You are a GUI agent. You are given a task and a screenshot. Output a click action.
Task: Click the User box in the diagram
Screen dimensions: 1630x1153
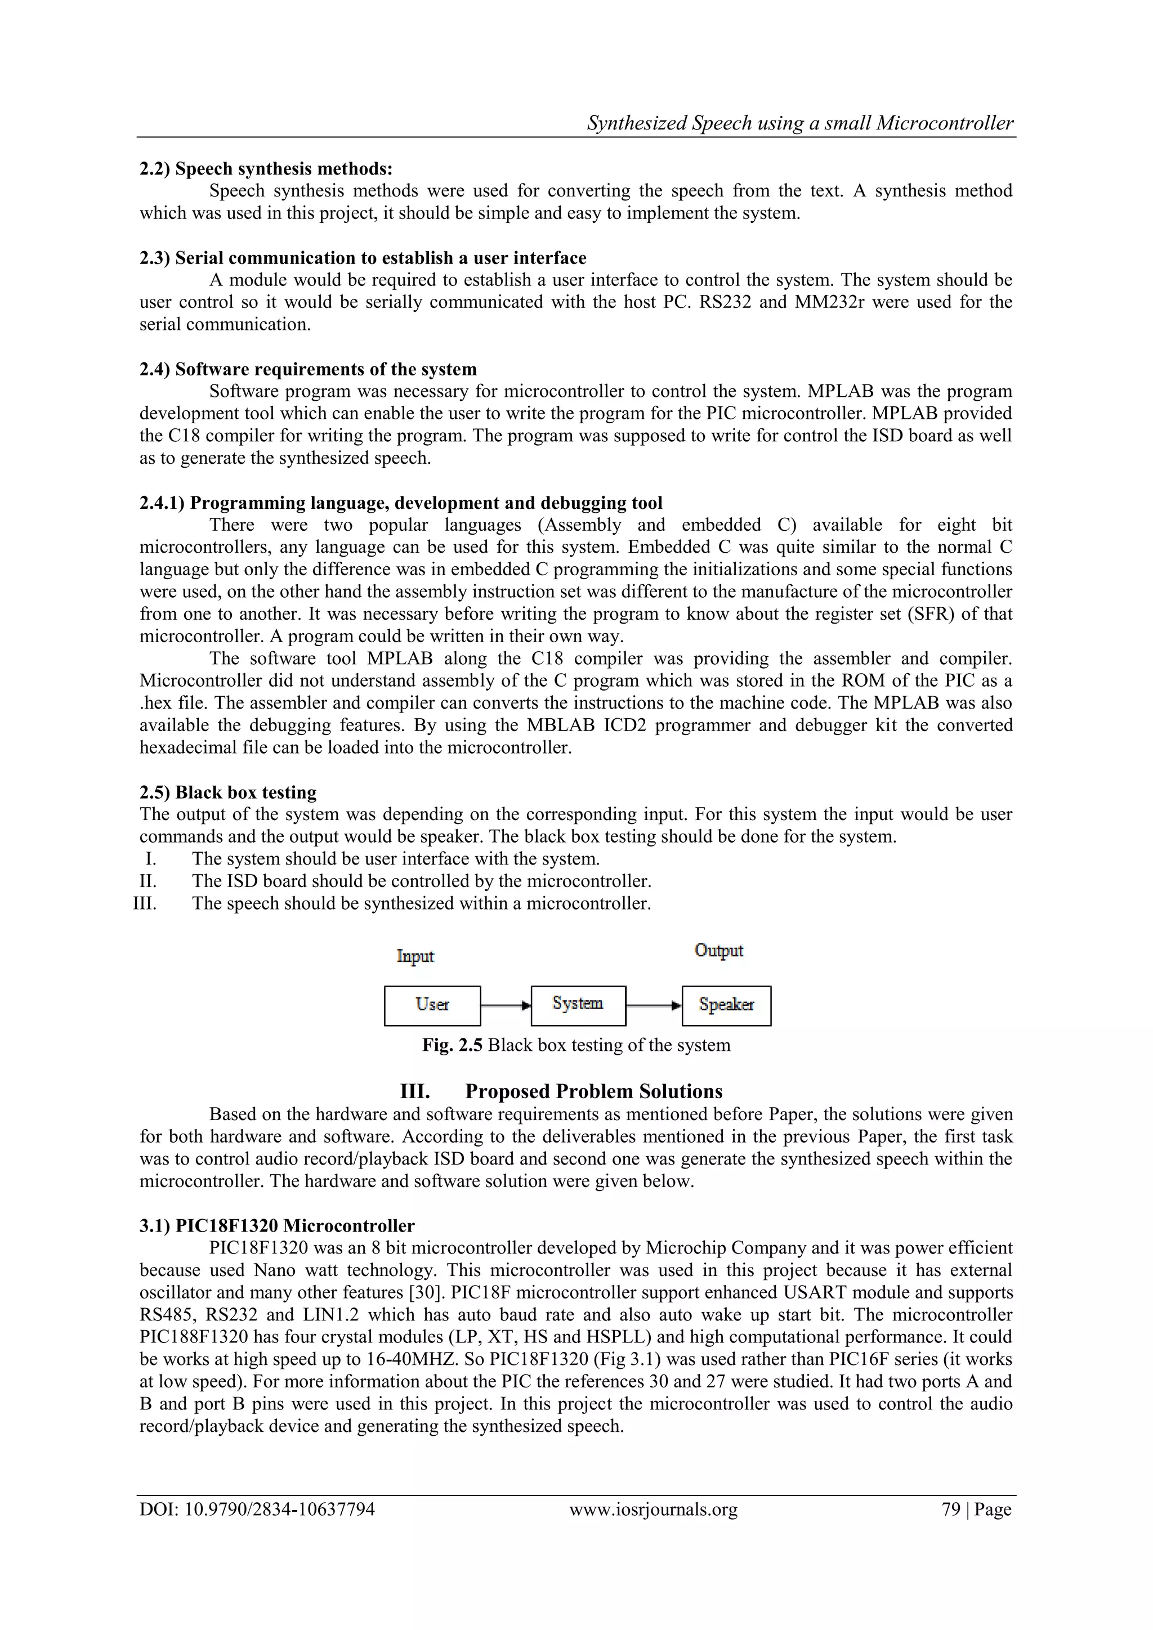click(432, 1005)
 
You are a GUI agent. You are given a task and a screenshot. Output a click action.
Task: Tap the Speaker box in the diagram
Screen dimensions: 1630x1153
click(726, 1005)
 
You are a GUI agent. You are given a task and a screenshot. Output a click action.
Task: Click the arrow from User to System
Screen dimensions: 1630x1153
click(506, 1005)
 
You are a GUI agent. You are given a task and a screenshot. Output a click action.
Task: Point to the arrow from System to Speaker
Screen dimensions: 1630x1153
click(653, 1005)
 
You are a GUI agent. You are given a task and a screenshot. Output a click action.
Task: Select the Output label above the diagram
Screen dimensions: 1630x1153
click(718, 951)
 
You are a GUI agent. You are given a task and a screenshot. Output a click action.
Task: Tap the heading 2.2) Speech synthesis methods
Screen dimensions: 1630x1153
click(266, 169)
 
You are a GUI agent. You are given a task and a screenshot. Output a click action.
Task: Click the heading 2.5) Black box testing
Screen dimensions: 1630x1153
click(228, 792)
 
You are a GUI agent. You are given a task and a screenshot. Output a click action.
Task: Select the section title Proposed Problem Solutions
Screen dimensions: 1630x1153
click(593, 1091)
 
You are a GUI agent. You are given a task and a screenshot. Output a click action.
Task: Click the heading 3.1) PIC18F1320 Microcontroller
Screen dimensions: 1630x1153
click(277, 1226)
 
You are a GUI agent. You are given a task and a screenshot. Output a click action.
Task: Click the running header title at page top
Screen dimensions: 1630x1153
click(800, 123)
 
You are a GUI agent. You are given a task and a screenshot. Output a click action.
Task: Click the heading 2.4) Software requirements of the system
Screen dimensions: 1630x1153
click(308, 369)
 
